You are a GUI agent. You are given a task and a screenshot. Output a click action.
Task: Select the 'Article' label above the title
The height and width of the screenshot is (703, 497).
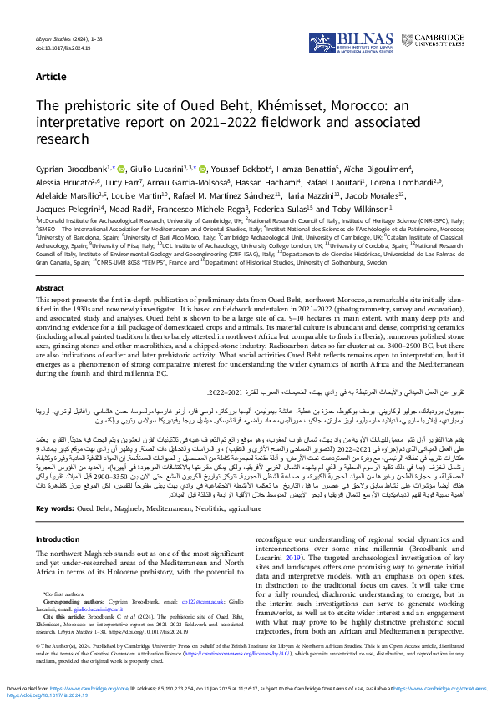point(51,77)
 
